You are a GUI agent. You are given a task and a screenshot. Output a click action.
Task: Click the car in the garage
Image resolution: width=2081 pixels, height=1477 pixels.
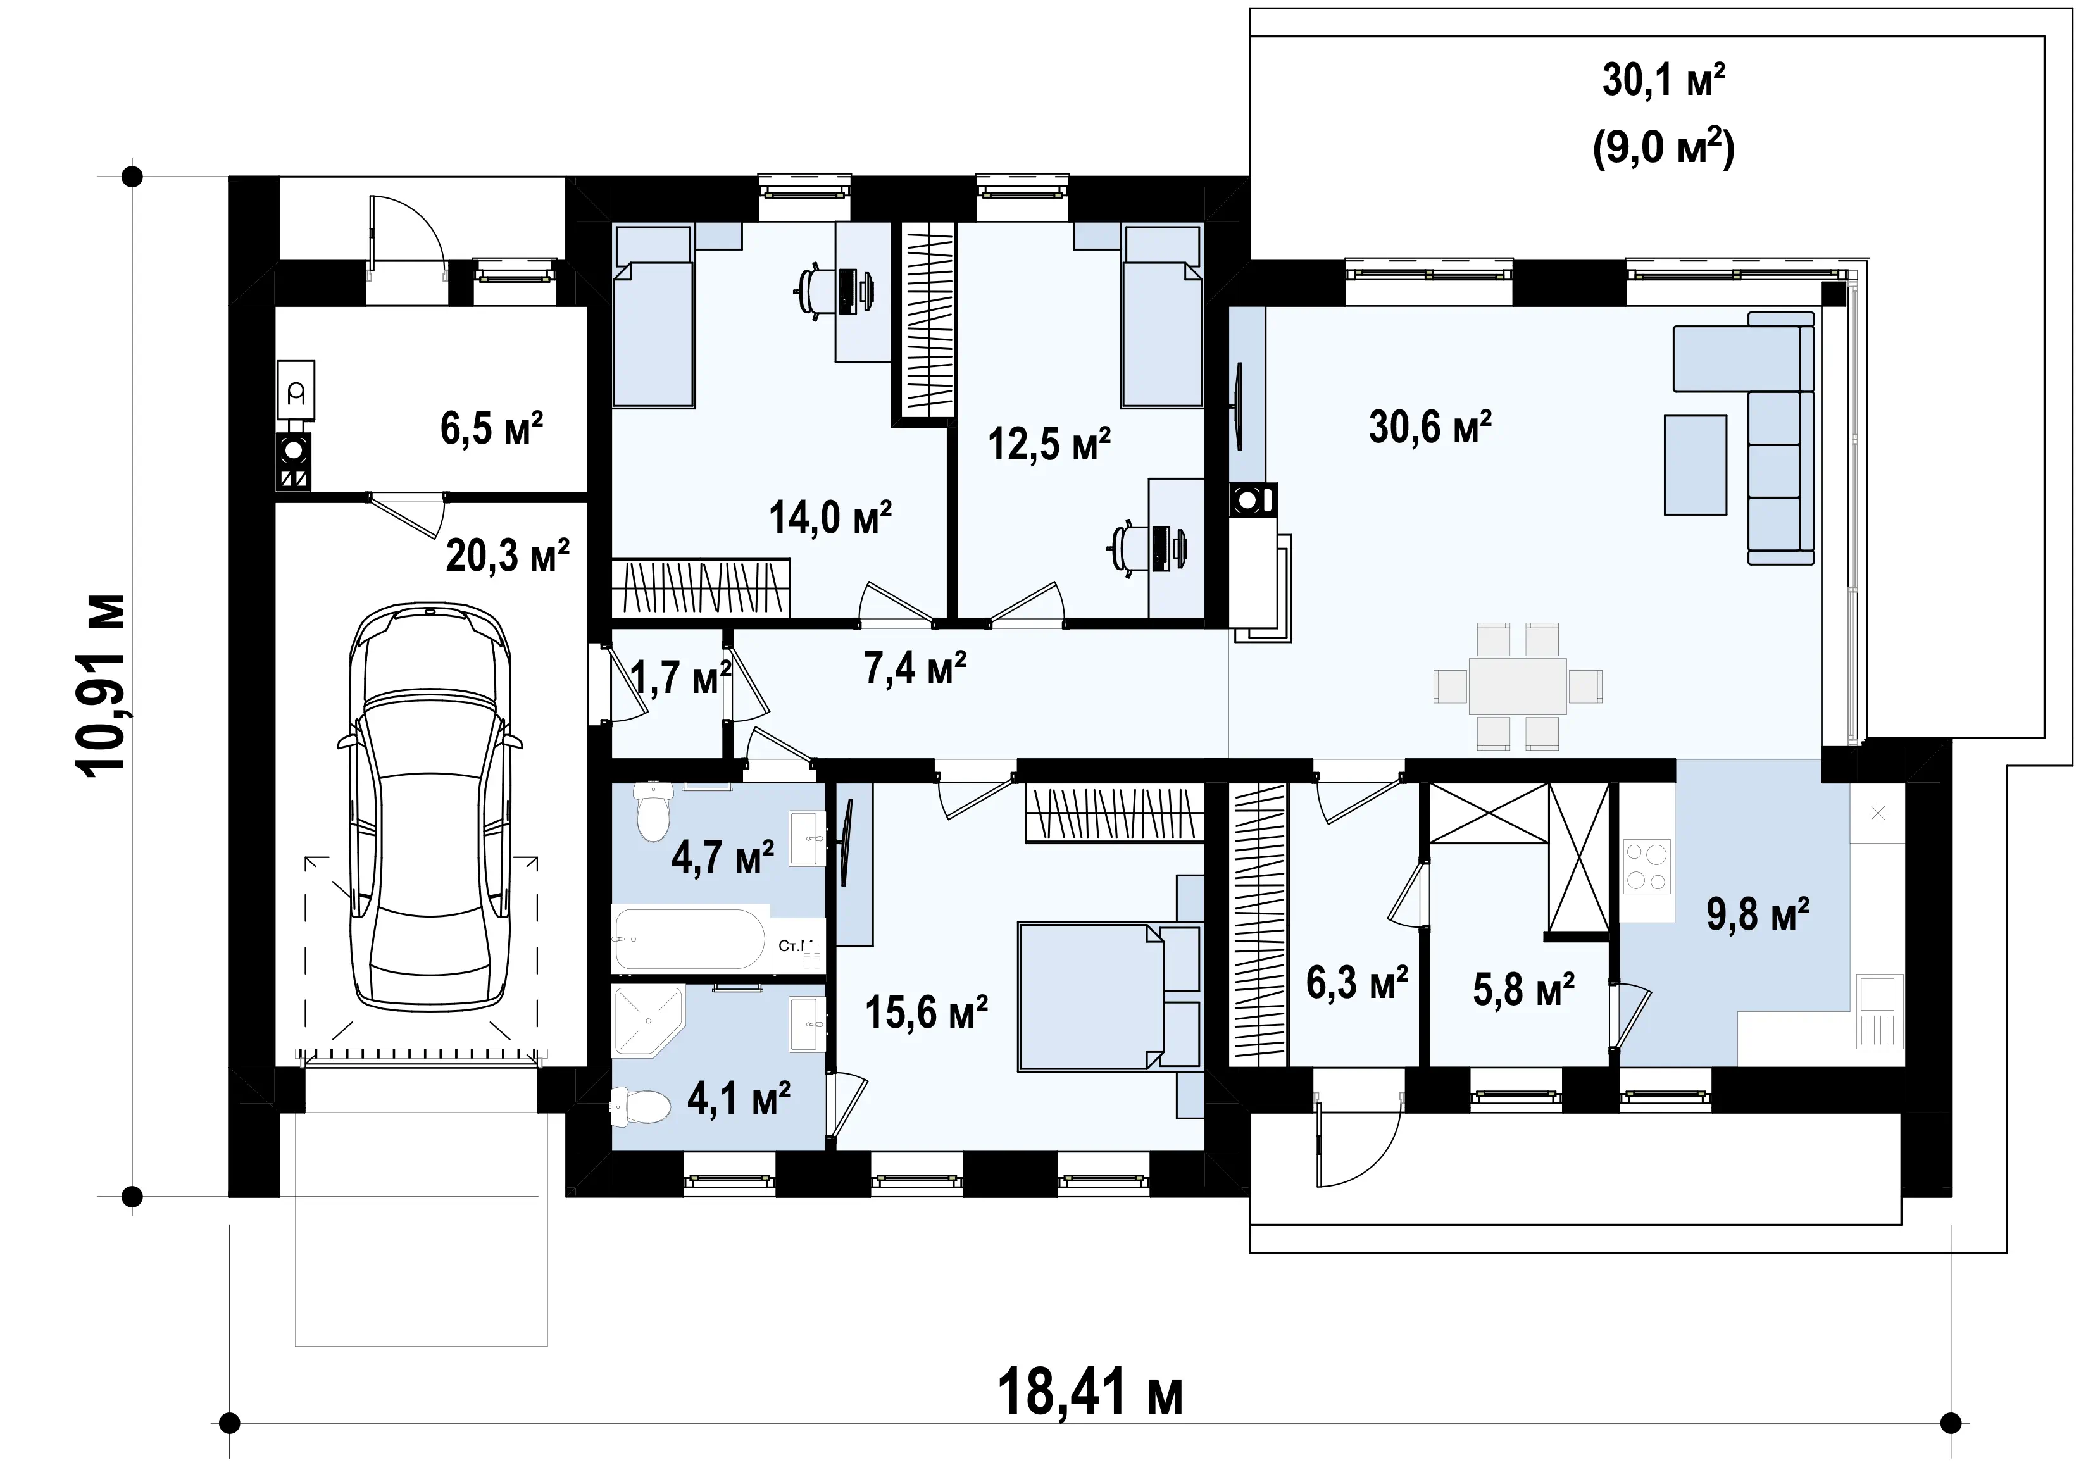[x=429, y=806]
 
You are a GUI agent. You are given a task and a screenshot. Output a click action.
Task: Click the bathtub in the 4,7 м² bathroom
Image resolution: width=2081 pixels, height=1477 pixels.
[x=691, y=938]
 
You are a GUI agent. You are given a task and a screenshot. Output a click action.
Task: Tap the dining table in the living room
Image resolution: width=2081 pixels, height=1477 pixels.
[x=1517, y=686]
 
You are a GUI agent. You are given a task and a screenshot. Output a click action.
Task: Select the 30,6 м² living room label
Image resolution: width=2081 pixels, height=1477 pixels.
[x=1430, y=427]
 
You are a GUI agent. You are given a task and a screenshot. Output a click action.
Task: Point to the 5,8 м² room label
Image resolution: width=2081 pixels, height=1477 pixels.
[x=1523, y=990]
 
